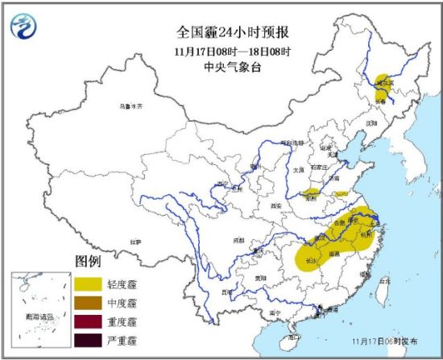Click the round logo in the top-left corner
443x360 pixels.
click(x=26, y=28)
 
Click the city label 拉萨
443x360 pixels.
click(x=135, y=241)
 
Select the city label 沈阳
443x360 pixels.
click(x=371, y=123)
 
